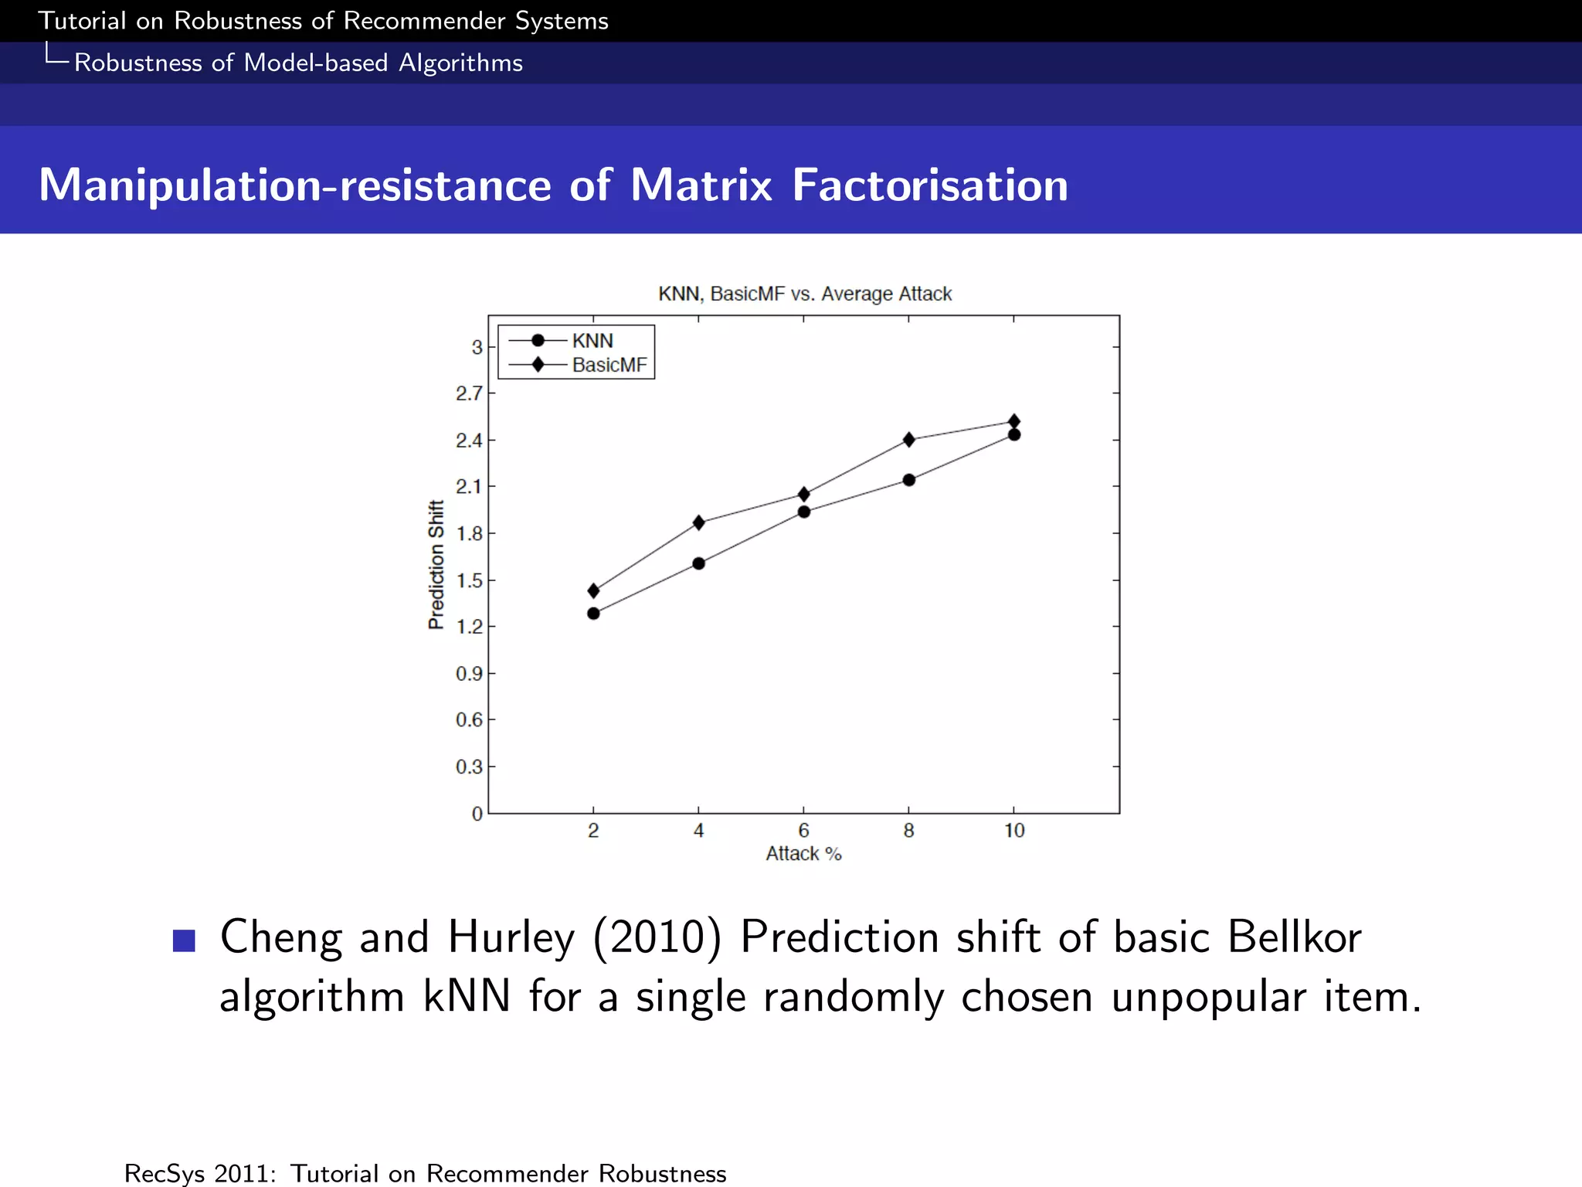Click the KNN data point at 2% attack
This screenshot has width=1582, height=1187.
click(x=593, y=614)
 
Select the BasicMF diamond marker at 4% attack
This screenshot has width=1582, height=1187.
click(x=698, y=523)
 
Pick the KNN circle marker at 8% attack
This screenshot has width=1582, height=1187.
click(x=908, y=480)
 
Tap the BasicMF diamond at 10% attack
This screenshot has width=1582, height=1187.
click(x=1014, y=421)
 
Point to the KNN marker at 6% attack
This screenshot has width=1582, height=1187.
click(x=803, y=512)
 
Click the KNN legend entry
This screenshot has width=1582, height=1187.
click(x=592, y=341)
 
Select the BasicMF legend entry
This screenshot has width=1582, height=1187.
click(x=609, y=365)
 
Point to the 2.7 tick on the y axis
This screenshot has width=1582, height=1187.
click(x=468, y=394)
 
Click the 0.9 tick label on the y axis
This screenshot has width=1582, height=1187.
click(x=468, y=674)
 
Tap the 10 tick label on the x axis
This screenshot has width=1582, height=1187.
click(x=1013, y=831)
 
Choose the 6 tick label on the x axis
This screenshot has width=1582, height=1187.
click(x=803, y=831)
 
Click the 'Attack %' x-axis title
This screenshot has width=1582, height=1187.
click(x=803, y=854)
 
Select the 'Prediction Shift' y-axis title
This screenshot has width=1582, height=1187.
click(x=436, y=564)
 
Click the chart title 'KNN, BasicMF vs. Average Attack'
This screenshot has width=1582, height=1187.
click(x=804, y=294)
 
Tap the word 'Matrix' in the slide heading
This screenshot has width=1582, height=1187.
click(x=701, y=185)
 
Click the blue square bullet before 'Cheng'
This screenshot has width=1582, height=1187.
click(x=184, y=940)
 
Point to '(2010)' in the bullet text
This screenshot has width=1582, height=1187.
click(x=657, y=937)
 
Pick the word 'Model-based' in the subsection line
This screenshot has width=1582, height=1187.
click(x=315, y=63)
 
